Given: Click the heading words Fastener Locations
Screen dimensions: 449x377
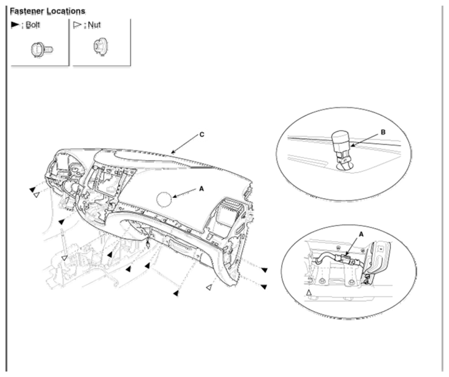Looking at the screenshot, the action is pyautogui.click(x=47, y=11).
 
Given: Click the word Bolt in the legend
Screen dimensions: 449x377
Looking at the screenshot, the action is pyautogui.click(x=33, y=25).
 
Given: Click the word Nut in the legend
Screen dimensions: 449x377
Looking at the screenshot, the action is pyautogui.click(x=94, y=25).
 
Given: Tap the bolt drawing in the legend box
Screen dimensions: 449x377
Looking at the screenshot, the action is pyautogui.click(x=42, y=50).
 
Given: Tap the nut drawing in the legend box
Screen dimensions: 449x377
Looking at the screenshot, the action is pyautogui.click(x=100, y=47).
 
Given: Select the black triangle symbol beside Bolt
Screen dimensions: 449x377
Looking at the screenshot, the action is pyautogui.click(x=15, y=25).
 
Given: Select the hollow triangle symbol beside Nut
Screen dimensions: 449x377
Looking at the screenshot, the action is pyautogui.click(x=77, y=25).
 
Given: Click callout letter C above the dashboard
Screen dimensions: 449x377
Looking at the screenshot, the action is pyautogui.click(x=202, y=134).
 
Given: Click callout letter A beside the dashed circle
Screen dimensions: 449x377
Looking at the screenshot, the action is pyautogui.click(x=201, y=188).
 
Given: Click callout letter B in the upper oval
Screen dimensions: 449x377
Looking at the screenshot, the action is pyautogui.click(x=383, y=132).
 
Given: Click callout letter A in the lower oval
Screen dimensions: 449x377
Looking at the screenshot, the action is pyautogui.click(x=361, y=234).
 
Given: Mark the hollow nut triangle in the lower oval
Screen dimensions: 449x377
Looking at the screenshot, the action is pyautogui.click(x=308, y=293).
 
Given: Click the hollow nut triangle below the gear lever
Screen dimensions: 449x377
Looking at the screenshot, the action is pyautogui.click(x=65, y=258).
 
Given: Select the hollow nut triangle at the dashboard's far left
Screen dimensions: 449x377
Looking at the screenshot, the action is pyautogui.click(x=36, y=195).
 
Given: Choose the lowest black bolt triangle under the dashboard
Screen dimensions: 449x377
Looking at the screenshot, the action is pyautogui.click(x=176, y=293).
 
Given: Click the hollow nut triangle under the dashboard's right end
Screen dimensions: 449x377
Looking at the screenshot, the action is pyautogui.click(x=209, y=287).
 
